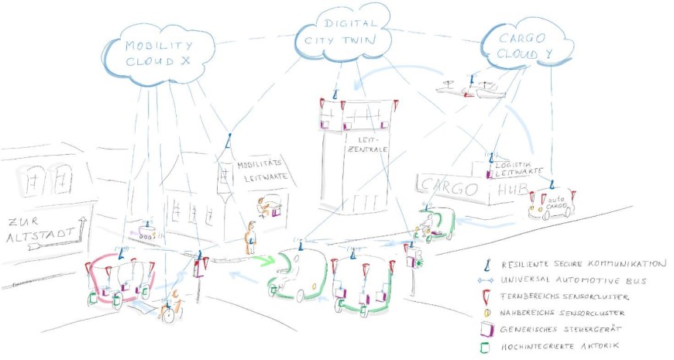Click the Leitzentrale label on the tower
(x=358, y=145)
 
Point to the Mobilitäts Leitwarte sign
(x=260, y=170)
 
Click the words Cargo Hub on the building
(x=465, y=187)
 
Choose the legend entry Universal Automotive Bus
(x=573, y=279)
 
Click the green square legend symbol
(x=484, y=348)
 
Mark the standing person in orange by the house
(x=250, y=239)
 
